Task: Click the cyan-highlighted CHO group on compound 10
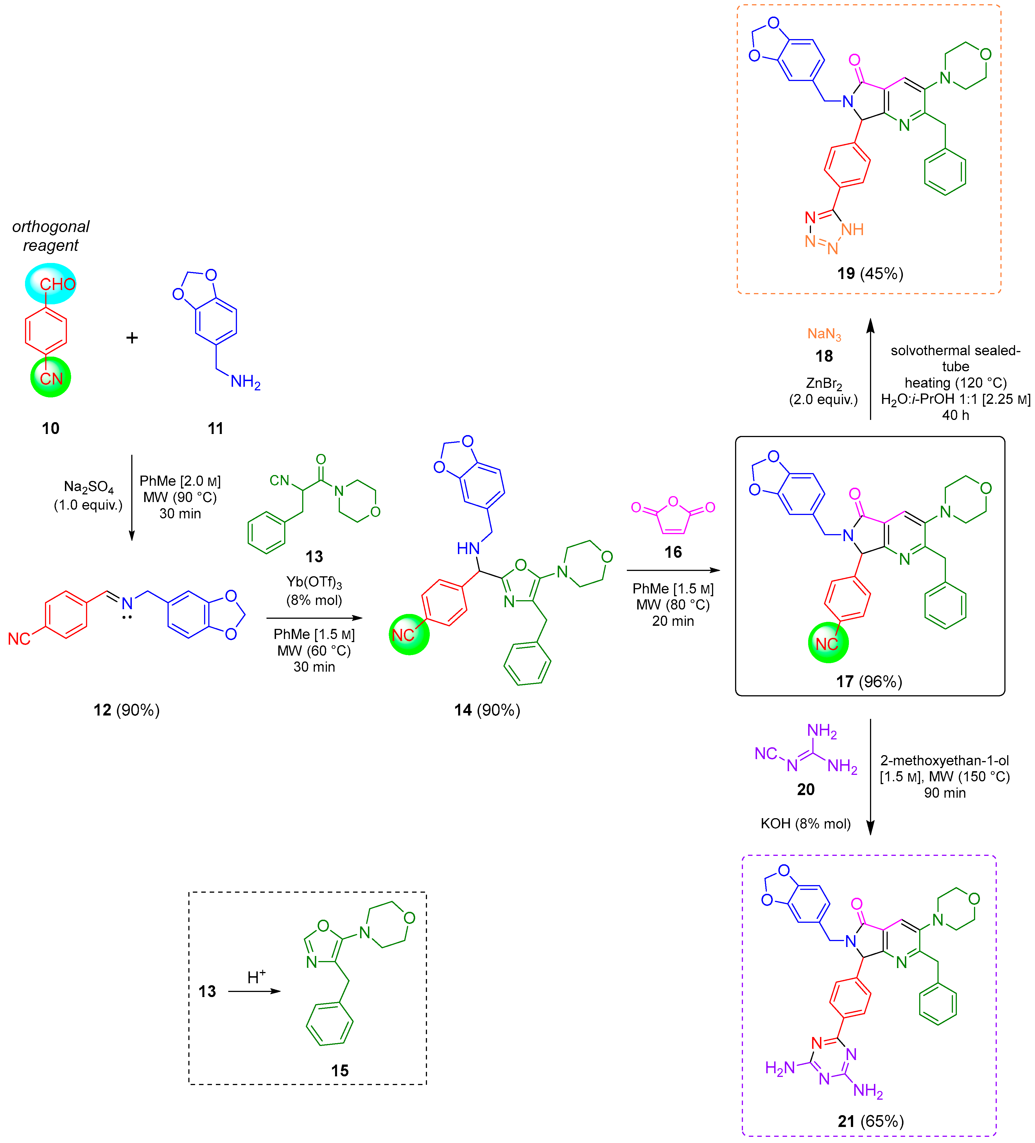tap(51, 283)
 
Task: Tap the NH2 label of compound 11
tap(245, 382)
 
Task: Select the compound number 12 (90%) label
tap(126, 710)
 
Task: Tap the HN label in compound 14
tap(468, 548)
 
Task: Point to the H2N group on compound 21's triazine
tap(779, 1068)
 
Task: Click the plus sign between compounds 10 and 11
tap(132, 338)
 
